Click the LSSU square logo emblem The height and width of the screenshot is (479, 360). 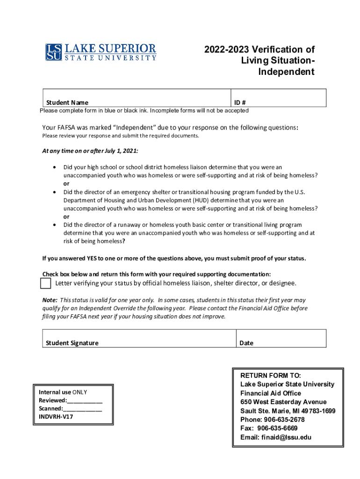[53, 52]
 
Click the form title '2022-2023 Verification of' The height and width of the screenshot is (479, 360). [259, 50]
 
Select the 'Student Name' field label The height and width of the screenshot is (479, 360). [67, 102]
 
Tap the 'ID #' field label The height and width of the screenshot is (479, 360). [240, 102]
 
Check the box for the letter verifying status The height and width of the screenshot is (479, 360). [45, 284]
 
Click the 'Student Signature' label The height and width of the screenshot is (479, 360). [72, 343]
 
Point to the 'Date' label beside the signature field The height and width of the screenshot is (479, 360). [246, 343]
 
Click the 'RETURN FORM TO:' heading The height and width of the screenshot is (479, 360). [271, 375]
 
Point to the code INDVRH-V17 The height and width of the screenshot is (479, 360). [56, 416]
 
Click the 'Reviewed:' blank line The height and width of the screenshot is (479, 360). [85, 401]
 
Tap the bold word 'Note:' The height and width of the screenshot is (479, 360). [50, 300]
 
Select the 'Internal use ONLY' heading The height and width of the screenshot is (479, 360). [63, 392]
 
